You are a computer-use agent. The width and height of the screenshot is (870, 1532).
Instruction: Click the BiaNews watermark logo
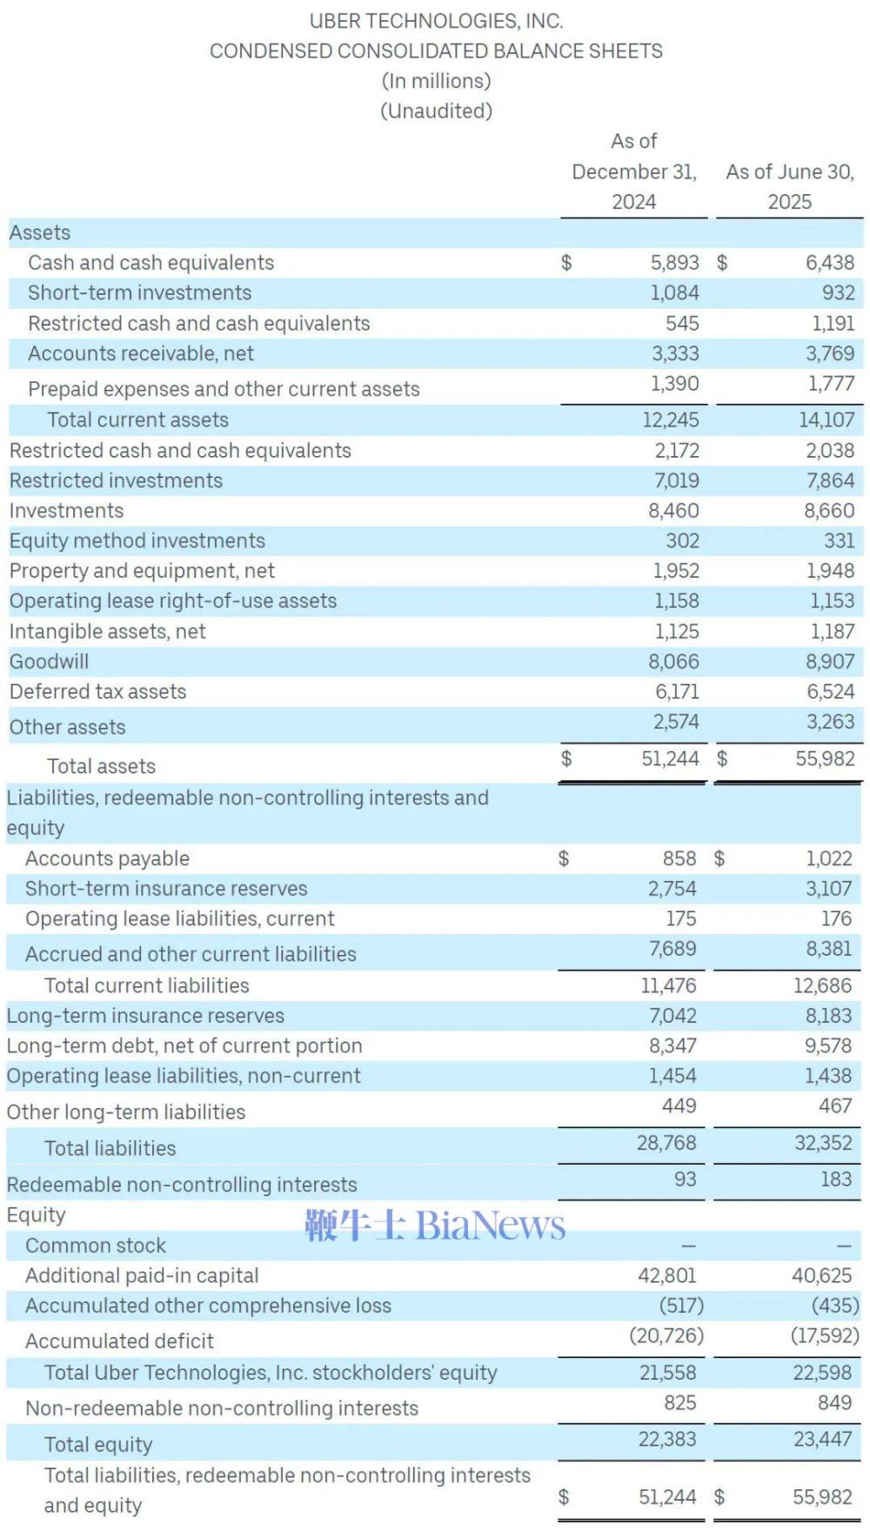[x=435, y=1225]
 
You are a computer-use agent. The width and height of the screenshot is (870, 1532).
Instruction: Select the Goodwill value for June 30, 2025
[x=830, y=662]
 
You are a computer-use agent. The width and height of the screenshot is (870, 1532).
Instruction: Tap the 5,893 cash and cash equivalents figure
[x=674, y=263]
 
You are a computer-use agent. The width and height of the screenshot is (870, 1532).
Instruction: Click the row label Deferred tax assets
[x=97, y=692]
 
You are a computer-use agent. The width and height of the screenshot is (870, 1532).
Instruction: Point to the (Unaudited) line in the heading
[x=436, y=111]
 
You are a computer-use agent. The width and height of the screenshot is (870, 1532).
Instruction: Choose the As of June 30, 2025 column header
[x=790, y=186]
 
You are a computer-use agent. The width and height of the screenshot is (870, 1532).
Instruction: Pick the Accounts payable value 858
[x=679, y=859]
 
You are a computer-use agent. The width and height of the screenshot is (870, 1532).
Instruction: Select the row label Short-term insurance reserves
[x=166, y=889]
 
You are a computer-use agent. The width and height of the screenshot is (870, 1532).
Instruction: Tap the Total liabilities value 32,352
[x=823, y=1143]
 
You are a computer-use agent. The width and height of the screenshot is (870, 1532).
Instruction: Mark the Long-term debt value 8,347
[x=673, y=1046]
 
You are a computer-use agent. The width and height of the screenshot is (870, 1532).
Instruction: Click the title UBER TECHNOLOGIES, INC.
[x=436, y=21]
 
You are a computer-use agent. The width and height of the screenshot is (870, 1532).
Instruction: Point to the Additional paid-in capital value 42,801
[x=667, y=1276]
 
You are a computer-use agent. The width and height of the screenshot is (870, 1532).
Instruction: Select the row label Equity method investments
[x=137, y=541]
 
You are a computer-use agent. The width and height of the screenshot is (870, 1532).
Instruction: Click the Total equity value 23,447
[x=823, y=1440]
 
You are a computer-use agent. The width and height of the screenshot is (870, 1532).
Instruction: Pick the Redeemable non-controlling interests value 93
[x=686, y=1179]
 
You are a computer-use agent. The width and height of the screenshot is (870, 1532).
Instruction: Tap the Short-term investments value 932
[x=839, y=293]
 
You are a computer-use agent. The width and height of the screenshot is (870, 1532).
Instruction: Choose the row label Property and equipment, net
[x=142, y=571]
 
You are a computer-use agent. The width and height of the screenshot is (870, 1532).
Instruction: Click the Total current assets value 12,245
[x=671, y=420]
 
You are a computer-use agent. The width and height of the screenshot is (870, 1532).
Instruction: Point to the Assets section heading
[x=40, y=233]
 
